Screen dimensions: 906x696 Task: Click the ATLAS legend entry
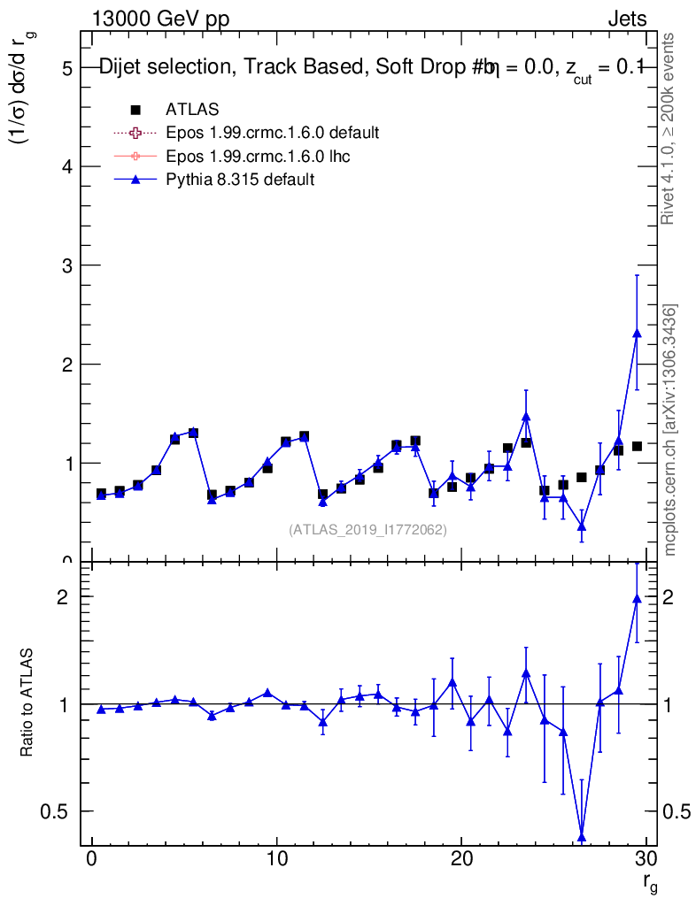[x=192, y=109]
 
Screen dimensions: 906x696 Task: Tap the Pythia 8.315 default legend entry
[x=240, y=180]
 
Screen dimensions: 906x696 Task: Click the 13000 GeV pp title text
[x=160, y=19]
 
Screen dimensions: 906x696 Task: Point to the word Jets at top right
[x=626, y=19]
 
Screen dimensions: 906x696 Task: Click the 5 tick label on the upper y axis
[x=67, y=68]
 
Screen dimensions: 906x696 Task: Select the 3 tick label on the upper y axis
[x=67, y=265]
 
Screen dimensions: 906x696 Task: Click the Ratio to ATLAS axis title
[x=27, y=704]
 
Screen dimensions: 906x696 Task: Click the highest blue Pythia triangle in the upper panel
[x=637, y=333]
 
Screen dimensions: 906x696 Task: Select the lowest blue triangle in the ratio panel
[x=582, y=837]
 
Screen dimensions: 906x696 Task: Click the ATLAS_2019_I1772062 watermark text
[x=367, y=530]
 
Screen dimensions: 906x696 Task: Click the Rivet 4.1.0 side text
[x=670, y=128]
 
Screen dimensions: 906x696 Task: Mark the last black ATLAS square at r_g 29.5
[x=637, y=446]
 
